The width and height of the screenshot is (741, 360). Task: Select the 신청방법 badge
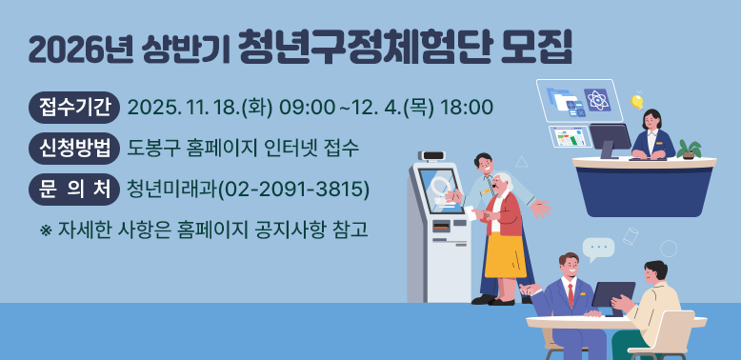(73, 148)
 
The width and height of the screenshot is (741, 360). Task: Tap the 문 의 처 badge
(73, 188)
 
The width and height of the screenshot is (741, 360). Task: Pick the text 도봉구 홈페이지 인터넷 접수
(243, 148)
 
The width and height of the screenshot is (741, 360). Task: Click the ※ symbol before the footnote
(45, 230)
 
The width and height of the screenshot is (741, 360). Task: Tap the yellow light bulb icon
(636, 101)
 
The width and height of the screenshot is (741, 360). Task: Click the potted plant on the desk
(689, 150)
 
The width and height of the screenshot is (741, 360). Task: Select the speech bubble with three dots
(598, 250)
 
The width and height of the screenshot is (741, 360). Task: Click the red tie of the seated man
(571, 294)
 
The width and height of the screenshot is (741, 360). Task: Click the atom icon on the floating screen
(597, 98)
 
